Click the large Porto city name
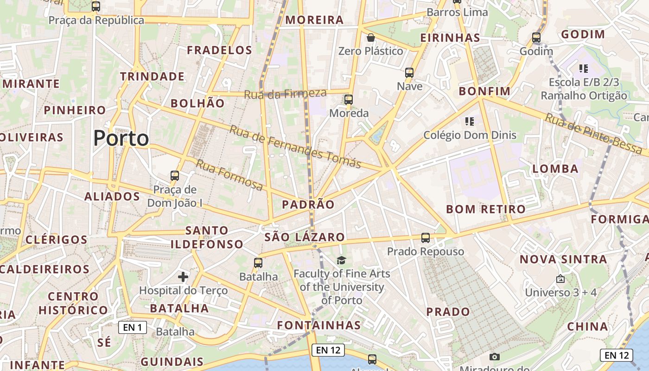pyautogui.click(x=121, y=138)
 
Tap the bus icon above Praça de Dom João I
pyautogui.click(x=175, y=176)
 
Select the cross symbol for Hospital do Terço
pyautogui.click(x=183, y=277)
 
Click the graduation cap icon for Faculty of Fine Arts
pyautogui.click(x=342, y=260)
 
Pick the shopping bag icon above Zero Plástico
pyautogui.click(x=370, y=38)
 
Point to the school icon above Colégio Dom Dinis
pyautogui.click(x=470, y=122)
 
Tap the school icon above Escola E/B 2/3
pyautogui.click(x=584, y=69)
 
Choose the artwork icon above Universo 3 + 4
pyautogui.click(x=560, y=279)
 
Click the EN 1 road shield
pyautogui.click(x=133, y=327)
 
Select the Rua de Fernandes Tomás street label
pyautogui.click(x=295, y=147)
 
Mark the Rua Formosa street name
pyautogui.click(x=229, y=175)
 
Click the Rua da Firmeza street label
pyautogui.click(x=285, y=94)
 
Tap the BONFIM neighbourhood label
pyautogui.click(x=484, y=91)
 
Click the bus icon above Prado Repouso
pyautogui.click(x=425, y=238)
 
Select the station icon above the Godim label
pyautogui.click(x=536, y=38)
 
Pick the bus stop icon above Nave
pyautogui.click(x=409, y=73)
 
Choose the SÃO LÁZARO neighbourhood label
pyautogui.click(x=305, y=237)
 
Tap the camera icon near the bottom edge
pyautogui.click(x=495, y=357)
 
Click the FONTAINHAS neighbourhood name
pyautogui.click(x=319, y=325)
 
